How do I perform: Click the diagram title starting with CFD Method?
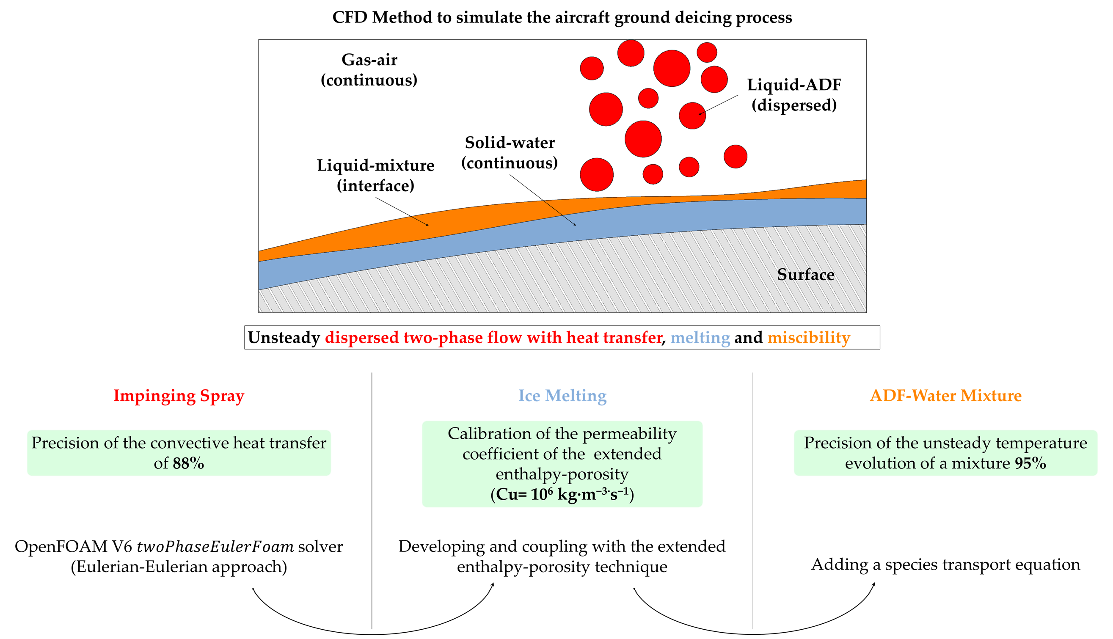pos(562,17)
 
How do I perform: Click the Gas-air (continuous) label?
pos(369,70)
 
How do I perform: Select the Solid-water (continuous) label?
pos(509,153)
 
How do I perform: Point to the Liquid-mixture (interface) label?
pos(375,176)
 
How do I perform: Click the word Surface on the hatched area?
pos(805,275)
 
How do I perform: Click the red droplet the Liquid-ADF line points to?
pos(692,116)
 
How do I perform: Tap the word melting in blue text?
pos(700,338)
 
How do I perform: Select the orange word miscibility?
pos(808,338)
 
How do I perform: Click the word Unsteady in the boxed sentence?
pos(284,338)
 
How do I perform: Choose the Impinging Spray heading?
pos(179,395)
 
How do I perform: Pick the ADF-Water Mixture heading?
pos(945,395)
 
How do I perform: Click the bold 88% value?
pos(188,463)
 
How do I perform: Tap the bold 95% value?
pos(1030,463)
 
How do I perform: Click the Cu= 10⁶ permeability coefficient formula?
pos(562,495)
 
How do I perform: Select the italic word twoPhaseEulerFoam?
pos(215,547)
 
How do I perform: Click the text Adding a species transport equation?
pos(945,565)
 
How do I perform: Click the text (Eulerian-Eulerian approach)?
pos(179,567)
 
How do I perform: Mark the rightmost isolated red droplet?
pos(735,157)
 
